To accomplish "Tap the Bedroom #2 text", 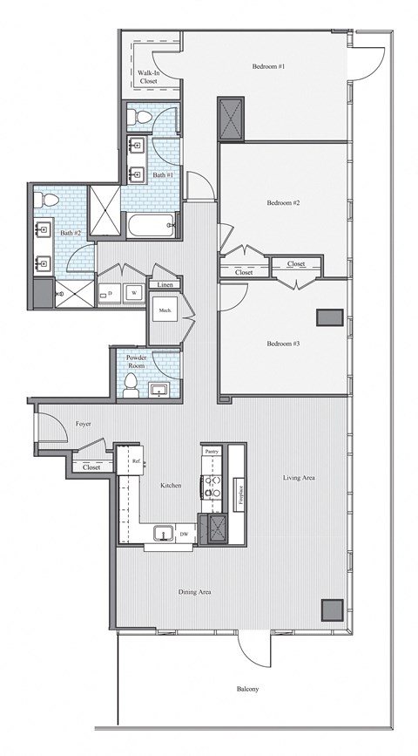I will pyautogui.click(x=283, y=202).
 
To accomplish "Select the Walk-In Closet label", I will pyautogui.click(x=147, y=77).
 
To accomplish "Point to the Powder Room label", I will pyautogui.click(x=136, y=360).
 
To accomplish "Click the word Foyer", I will pyautogui.click(x=84, y=425).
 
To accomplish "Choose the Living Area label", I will pyautogui.click(x=298, y=478).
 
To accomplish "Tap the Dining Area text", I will pyautogui.click(x=195, y=592).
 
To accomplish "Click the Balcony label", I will pyautogui.click(x=246, y=689).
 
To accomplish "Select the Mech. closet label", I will pyautogui.click(x=165, y=310).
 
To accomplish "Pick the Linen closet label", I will pyautogui.click(x=164, y=285).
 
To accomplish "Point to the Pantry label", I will pyautogui.click(x=212, y=452).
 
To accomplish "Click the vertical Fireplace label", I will pyautogui.click(x=239, y=494).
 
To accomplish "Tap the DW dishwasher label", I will pyautogui.click(x=185, y=534).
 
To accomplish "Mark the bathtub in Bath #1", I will pyautogui.click(x=152, y=227).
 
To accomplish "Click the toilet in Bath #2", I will pyautogui.click(x=51, y=201).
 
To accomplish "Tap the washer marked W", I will pyautogui.click(x=134, y=292).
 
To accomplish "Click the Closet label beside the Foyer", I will pyautogui.click(x=91, y=467).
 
